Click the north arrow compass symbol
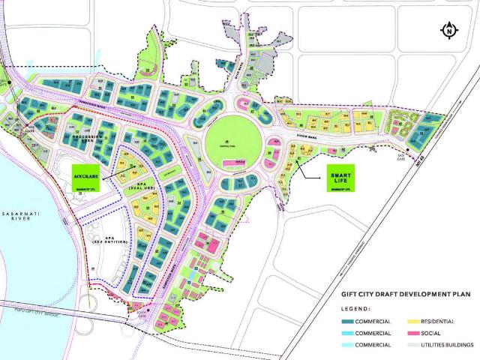448,31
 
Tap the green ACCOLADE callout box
88,175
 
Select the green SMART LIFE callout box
342,180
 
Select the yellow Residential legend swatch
406,320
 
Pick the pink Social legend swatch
406,332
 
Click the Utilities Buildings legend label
448,344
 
